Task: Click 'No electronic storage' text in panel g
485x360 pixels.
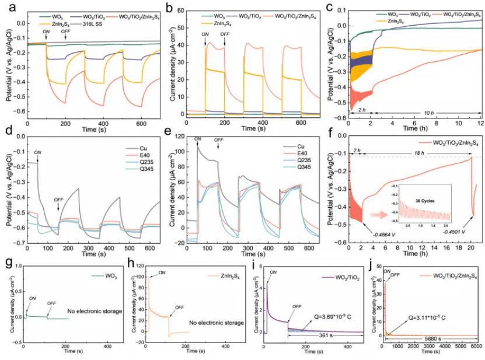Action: click(94, 311)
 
